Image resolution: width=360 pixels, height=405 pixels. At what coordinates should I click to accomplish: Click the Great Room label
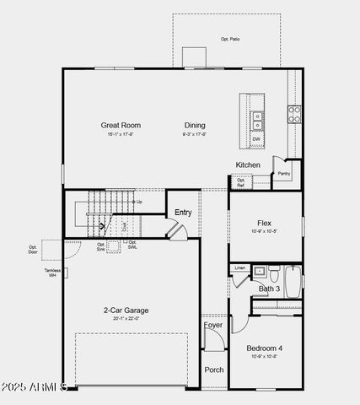(x=121, y=125)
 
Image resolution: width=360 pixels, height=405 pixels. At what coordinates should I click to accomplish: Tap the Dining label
(x=195, y=125)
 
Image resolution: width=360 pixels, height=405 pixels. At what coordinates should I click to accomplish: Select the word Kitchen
(x=248, y=165)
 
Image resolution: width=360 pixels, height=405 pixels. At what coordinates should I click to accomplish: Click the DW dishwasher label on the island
(x=255, y=138)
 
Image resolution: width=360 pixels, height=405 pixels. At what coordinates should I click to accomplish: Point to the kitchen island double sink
(x=255, y=116)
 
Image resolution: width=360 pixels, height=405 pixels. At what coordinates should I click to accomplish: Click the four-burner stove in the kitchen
(x=295, y=114)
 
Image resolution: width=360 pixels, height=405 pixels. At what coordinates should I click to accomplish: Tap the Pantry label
(x=284, y=174)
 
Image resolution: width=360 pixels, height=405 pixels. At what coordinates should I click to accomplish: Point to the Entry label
(x=183, y=213)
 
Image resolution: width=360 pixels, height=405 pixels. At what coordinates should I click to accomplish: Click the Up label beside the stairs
(x=138, y=202)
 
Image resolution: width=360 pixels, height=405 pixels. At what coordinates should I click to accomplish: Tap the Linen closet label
(x=240, y=268)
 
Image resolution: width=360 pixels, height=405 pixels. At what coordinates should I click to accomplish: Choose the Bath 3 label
(x=269, y=289)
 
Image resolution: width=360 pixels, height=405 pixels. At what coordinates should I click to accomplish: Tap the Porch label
(x=214, y=370)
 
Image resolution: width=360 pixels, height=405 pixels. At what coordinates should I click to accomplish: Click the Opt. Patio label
(x=230, y=40)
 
